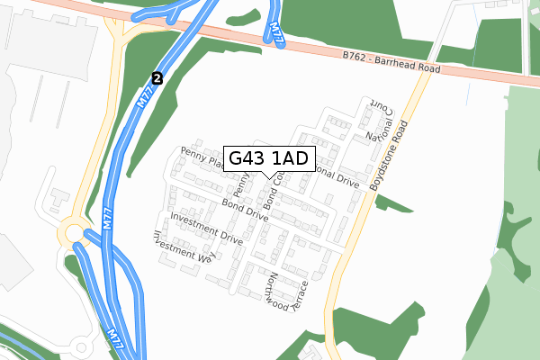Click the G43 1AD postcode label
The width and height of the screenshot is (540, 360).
268,159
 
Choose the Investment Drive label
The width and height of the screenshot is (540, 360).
206,229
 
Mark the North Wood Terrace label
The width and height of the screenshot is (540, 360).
286,293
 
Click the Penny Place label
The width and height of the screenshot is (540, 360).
200,158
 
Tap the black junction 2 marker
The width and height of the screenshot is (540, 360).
157,78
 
